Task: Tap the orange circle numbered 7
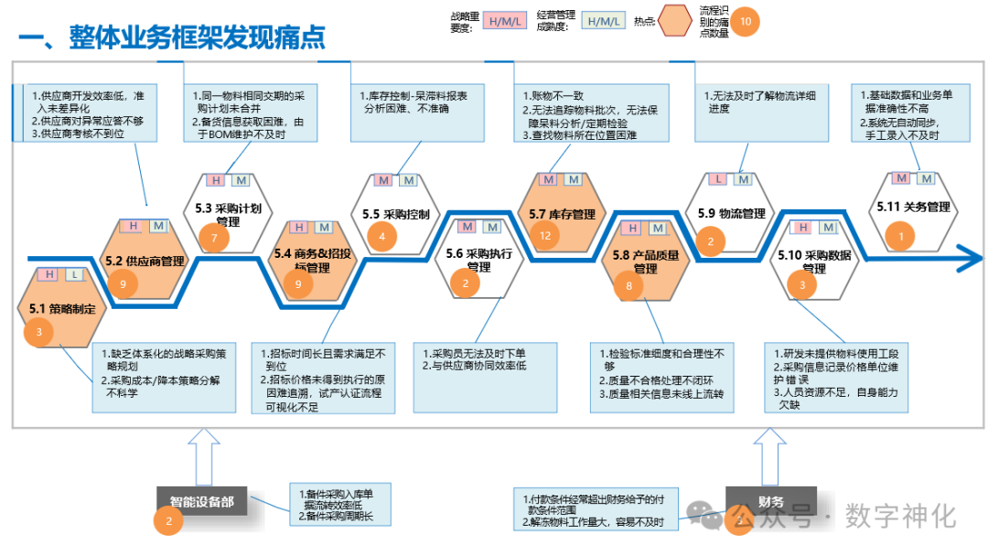[x=214, y=240]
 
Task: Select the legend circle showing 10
[x=746, y=20]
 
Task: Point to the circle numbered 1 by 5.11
[x=901, y=238]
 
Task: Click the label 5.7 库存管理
[x=562, y=215]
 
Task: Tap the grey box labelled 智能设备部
[x=201, y=501]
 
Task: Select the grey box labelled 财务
[x=770, y=501]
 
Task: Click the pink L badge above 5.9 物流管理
[x=720, y=180]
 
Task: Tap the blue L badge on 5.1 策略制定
[x=71, y=274]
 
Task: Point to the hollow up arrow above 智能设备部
[x=202, y=452]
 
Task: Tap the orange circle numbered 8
[x=629, y=286]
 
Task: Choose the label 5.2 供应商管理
[x=145, y=261]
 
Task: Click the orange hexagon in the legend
[x=677, y=20]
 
